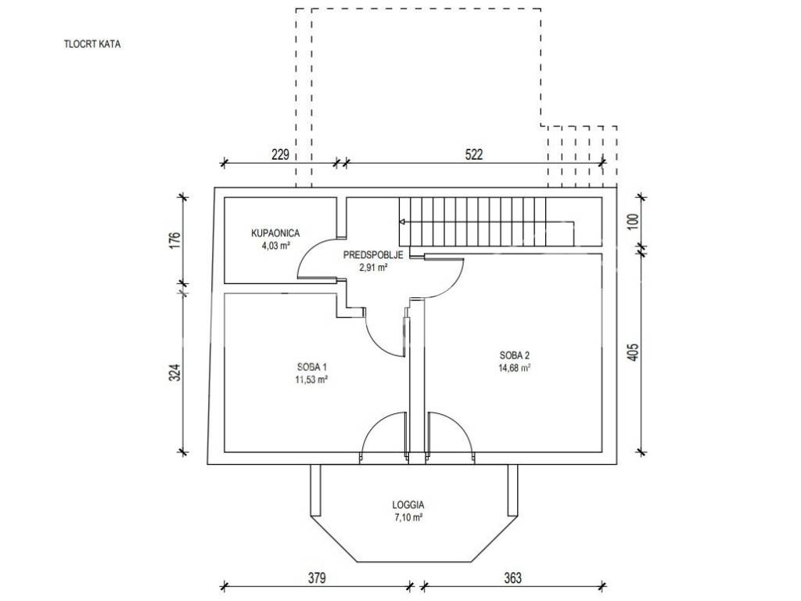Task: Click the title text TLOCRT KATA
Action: point(92,45)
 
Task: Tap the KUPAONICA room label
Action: point(276,232)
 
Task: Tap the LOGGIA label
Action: point(408,506)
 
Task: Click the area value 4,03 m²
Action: point(276,245)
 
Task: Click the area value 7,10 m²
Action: point(408,517)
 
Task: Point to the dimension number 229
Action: point(280,154)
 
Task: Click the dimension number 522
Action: point(474,154)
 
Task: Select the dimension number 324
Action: point(175,372)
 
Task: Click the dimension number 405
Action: point(634,354)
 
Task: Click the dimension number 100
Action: point(634,221)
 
